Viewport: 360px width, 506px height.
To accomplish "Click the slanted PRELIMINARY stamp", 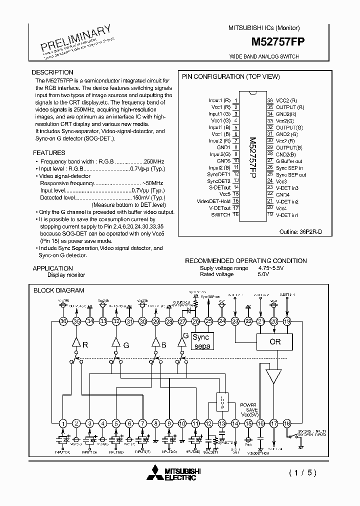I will tap(73, 37).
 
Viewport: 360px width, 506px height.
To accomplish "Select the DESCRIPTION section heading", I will tap(52, 72).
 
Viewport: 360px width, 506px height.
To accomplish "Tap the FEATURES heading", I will tap(49, 152).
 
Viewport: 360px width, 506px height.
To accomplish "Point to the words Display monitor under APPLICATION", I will tap(66, 275).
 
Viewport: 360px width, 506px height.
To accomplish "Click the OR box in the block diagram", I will tap(275, 342).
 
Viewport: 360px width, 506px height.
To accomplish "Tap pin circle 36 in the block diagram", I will tap(63, 321).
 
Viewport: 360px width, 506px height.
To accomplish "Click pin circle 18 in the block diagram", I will tap(287, 423).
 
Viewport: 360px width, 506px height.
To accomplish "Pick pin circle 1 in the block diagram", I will tap(63, 423).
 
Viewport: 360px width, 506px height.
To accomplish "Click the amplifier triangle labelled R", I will tap(76, 344).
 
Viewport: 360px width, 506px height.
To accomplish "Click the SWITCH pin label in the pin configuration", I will tap(220, 214).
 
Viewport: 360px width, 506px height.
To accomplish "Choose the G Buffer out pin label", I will tap(289, 161).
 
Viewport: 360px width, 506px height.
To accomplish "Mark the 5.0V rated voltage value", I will tap(263, 274).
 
